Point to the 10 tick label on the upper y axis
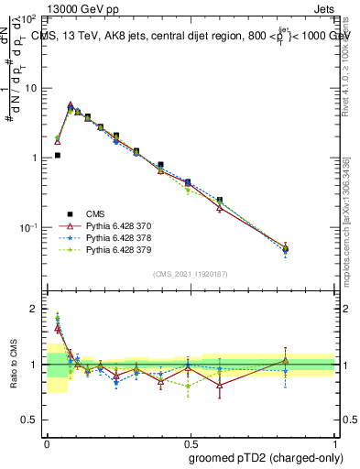click(30, 88)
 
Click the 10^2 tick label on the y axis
click(28, 18)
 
